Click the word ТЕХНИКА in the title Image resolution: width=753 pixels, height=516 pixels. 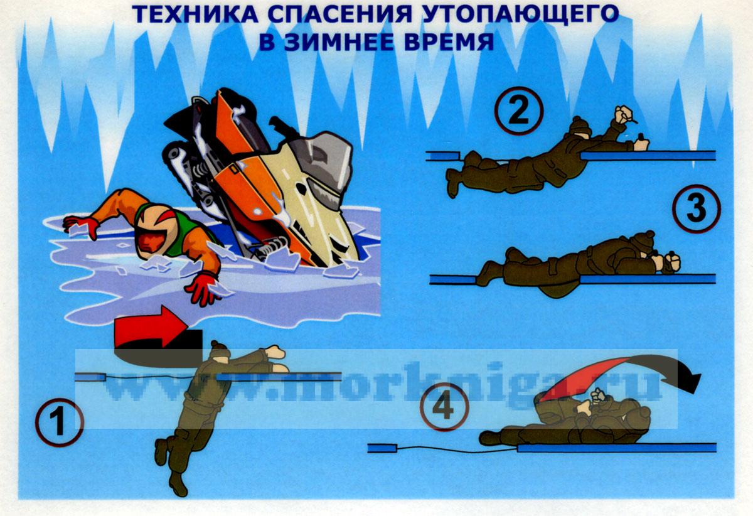tap(195, 14)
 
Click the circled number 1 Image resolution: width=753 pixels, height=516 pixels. tap(60, 422)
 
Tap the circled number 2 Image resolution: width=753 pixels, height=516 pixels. tap(519, 111)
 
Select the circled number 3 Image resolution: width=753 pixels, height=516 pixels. tap(697, 208)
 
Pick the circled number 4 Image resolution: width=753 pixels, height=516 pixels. tap(444, 406)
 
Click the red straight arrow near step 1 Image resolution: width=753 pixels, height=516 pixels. tap(151, 326)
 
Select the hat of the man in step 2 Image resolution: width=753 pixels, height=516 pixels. tap(580, 125)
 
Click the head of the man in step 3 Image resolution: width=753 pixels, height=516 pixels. tap(643, 243)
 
